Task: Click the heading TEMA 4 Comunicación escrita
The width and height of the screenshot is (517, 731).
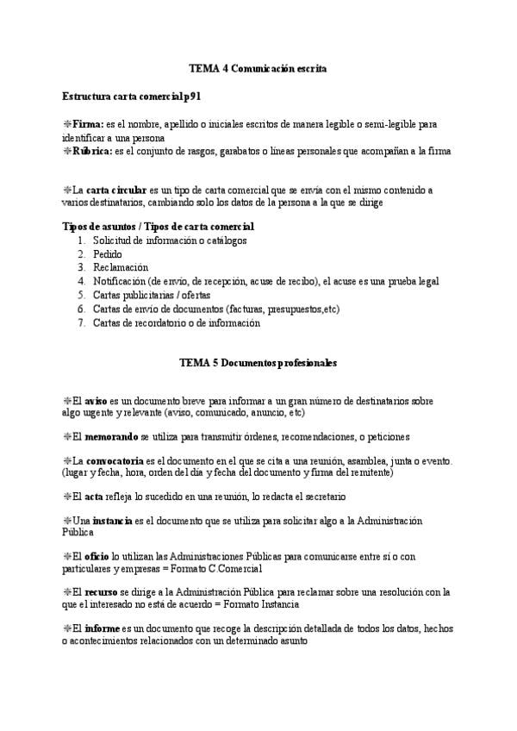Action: pos(258,67)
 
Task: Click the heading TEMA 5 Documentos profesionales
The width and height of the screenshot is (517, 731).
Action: pos(258,363)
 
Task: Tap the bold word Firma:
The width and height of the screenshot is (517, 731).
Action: pos(89,124)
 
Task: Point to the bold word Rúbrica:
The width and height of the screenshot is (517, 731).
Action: pos(95,151)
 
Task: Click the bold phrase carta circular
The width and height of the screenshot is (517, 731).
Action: pos(111,189)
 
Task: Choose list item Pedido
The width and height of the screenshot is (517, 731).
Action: pos(107,254)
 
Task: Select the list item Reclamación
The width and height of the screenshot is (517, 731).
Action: pos(121,267)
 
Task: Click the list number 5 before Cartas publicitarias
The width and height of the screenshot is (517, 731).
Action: pos(81,294)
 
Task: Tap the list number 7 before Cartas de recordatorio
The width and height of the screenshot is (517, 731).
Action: pos(81,323)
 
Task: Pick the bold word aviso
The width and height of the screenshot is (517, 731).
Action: pos(96,401)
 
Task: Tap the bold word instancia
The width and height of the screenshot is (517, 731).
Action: pos(112,521)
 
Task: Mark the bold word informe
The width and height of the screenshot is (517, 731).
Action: pos(102,629)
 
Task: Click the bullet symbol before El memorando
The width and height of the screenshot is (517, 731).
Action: pos(67,436)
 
